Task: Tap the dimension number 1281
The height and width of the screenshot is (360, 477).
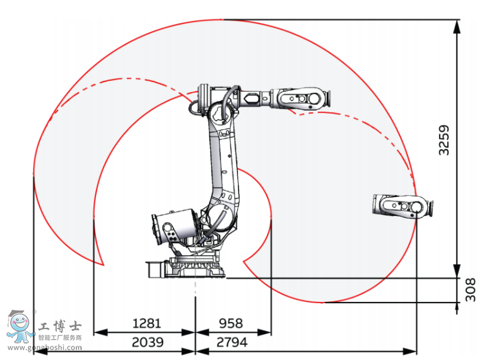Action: coord(146,323)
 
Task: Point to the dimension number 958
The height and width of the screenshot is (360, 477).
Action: coord(230,323)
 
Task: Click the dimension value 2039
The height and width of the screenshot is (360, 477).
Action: coord(147,342)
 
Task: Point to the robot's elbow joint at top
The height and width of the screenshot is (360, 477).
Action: coord(218,104)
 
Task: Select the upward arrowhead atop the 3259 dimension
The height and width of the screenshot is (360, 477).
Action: coord(456,25)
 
